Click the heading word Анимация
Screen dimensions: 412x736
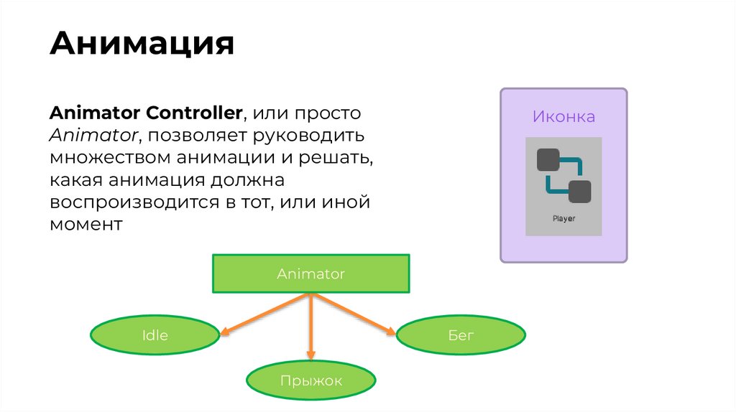(142, 44)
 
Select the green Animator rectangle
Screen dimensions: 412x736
(310, 273)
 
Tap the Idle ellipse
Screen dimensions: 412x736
(155, 334)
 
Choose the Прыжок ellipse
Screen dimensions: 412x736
(310, 380)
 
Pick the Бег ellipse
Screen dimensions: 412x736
(461, 334)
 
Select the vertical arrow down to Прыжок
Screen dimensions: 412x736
(310, 327)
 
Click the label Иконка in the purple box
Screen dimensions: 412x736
(563, 116)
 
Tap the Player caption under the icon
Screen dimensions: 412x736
(563, 218)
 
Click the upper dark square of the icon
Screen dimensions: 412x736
(548, 159)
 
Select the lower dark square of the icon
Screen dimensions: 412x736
(579, 192)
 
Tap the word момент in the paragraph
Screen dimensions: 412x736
(86, 224)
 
